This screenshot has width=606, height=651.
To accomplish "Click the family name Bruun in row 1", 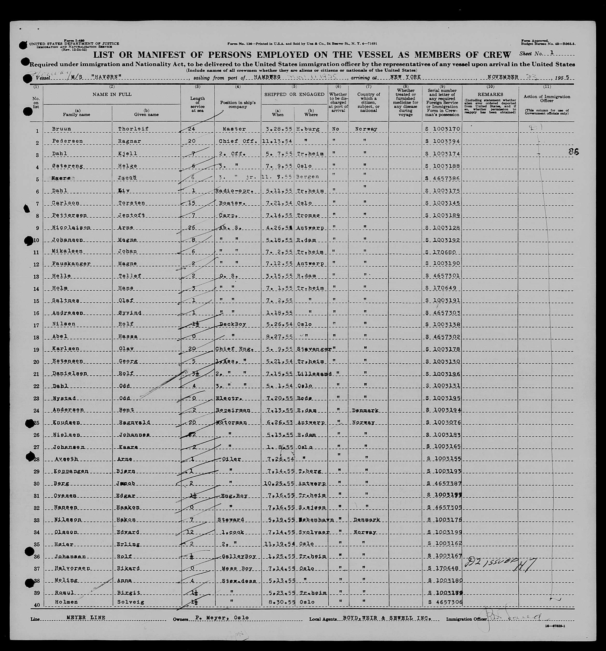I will point(61,129).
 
